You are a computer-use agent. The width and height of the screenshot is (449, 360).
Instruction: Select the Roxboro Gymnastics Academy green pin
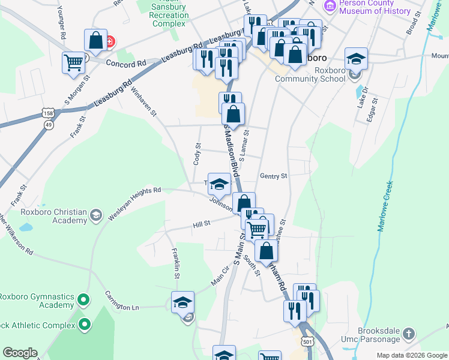[x=83, y=299]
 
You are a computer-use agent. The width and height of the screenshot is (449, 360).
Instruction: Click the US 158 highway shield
[x=48, y=113]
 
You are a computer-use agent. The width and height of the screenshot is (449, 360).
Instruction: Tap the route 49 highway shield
[x=48, y=125]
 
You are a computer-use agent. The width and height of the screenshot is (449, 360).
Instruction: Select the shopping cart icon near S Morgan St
[x=73, y=62]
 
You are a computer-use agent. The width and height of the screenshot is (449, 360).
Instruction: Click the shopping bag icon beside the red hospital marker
[x=95, y=40]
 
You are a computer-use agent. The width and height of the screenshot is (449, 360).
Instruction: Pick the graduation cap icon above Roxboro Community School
[x=356, y=58]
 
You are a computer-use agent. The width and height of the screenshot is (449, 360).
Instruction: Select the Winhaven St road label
[x=144, y=101]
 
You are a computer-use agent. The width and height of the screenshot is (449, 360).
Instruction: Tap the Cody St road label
[x=197, y=154]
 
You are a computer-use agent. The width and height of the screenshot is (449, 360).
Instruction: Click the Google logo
[x=20, y=353]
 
